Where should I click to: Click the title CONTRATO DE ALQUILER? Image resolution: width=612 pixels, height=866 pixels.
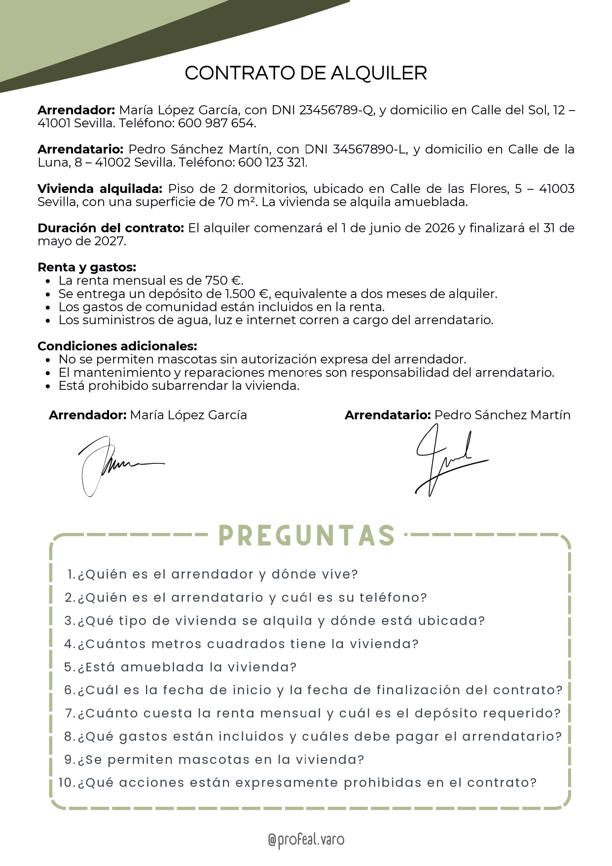click(x=306, y=73)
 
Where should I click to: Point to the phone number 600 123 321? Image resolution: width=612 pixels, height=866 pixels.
click(x=272, y=163)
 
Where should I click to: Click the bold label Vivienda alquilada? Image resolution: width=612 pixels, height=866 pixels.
click(x=100, y=189)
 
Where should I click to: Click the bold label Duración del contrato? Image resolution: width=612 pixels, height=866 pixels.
click(x=110, y=228)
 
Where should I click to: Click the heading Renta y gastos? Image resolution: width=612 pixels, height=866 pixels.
click(x=87, y=267)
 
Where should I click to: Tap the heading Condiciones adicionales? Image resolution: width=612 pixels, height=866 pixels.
click(x=117, y=346)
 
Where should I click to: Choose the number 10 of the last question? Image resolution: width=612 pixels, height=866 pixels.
click(x=66, y=783)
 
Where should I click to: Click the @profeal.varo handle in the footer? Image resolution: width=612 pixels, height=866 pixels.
click(x=306, y=840)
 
